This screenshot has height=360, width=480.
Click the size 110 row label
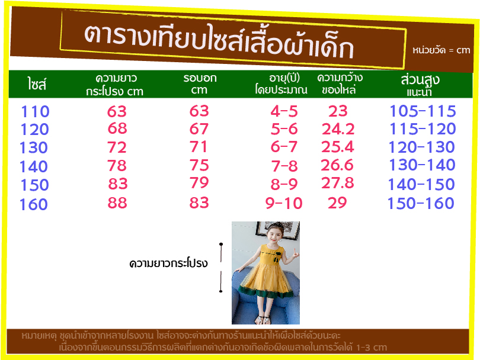[35, 111]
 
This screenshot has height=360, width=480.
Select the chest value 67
[199, 128]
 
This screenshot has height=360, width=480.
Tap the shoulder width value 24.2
[338, 129]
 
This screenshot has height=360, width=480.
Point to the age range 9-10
[284, 204]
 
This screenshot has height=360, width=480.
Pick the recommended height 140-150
[421, 184]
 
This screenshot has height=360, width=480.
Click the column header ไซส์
[37, 84]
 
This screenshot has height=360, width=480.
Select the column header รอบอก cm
[200, 84]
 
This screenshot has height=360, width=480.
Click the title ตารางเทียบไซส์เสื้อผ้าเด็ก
[219, 41]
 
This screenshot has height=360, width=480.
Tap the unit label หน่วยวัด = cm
[441, 50]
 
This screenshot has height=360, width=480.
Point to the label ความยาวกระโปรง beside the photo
[168, 263]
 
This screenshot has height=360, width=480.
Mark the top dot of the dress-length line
[221, 244]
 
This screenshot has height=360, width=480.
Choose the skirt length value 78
[117, 166]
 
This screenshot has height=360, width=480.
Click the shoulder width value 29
[337, 202]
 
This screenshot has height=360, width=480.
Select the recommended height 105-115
[423, 111]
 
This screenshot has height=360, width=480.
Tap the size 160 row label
[34, 205]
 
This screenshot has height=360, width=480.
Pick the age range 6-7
[284, 147]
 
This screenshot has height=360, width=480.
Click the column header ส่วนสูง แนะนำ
[420, 85]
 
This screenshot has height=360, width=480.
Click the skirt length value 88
[117, 202]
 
